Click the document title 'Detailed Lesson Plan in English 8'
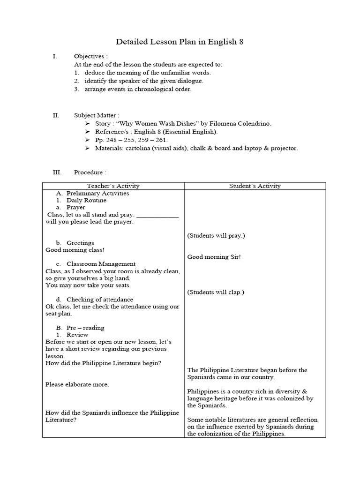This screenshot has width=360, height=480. coord(180,42)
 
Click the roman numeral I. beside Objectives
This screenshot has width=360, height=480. coord(55,56)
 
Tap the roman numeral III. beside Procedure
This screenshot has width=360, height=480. coord(57,172)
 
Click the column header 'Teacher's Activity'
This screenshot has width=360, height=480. coord(113,186)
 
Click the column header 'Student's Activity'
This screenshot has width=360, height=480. coord(255,186)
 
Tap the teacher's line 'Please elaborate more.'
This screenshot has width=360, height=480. coord(77,384)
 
